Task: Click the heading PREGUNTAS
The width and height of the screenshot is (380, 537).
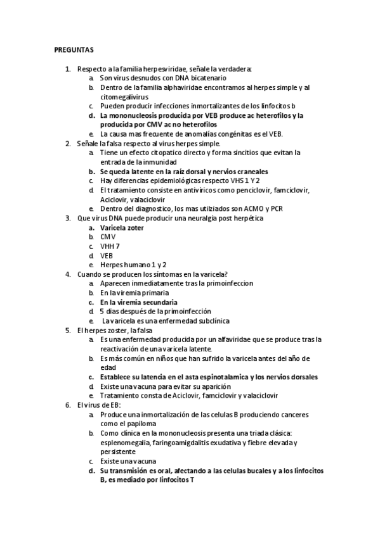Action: [74, 49]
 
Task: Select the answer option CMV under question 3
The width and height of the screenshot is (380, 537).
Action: [108, 236]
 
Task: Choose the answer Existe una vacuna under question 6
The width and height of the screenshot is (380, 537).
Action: [128, 461]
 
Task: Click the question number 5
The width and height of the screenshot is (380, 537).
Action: [69, 330]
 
